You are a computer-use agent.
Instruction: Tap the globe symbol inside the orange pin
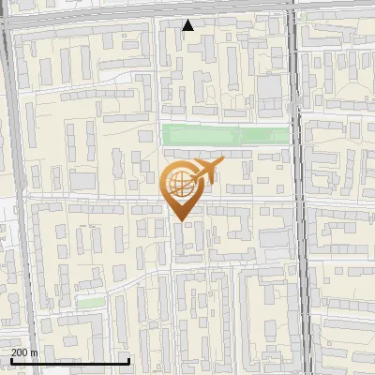point(178,182)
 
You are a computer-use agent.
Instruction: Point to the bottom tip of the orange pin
point(180,220)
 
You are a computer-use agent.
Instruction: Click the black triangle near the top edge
point(188,25)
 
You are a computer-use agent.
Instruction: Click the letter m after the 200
point(33,352)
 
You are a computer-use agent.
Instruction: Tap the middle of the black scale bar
point(68,361)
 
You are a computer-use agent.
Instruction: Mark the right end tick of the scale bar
point(128,360)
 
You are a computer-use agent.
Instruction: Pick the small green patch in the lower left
point(90,303)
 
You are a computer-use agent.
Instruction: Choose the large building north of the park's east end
point(270,90)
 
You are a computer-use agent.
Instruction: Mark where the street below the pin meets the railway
point(299,202)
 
